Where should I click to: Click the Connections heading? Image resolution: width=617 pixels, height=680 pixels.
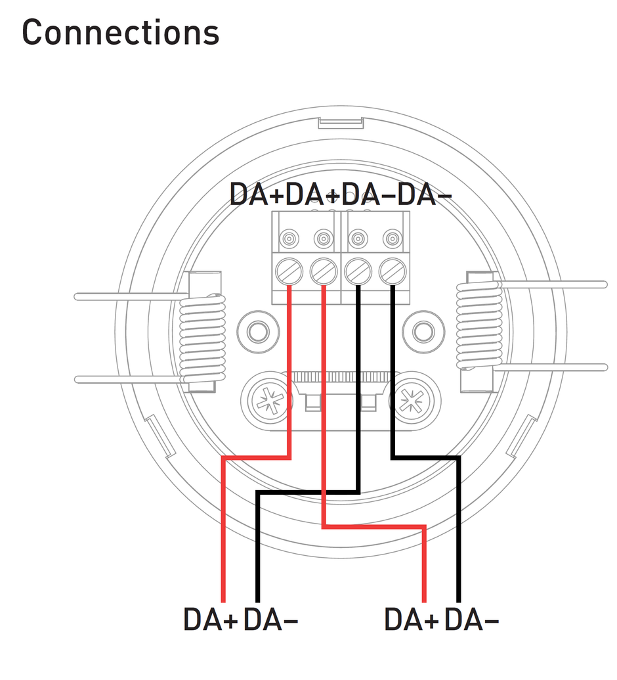120,32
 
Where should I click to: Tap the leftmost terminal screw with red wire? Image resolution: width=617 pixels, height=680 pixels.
289,271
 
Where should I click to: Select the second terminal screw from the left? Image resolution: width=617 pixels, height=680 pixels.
323,271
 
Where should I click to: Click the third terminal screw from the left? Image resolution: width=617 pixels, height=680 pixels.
358,271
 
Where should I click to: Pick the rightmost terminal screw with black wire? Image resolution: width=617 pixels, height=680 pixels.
392,271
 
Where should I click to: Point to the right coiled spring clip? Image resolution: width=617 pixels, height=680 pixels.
479,326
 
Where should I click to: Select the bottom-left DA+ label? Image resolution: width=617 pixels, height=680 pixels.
210,620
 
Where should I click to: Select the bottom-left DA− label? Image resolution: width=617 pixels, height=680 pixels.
270,620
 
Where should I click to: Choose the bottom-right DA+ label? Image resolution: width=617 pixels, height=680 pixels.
411,620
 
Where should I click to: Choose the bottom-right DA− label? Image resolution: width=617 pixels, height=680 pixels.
471,620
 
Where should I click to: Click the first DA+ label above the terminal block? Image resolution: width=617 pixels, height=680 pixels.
257,194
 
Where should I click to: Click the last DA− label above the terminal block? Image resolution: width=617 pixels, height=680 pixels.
426,194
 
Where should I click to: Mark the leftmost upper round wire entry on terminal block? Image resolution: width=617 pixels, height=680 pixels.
289,239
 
